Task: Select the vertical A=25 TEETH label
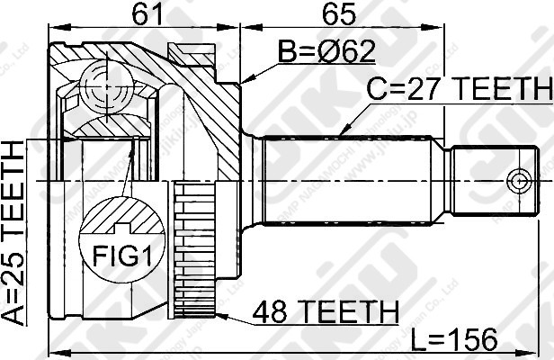(14, 231)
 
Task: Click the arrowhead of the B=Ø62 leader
(245, 82)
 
